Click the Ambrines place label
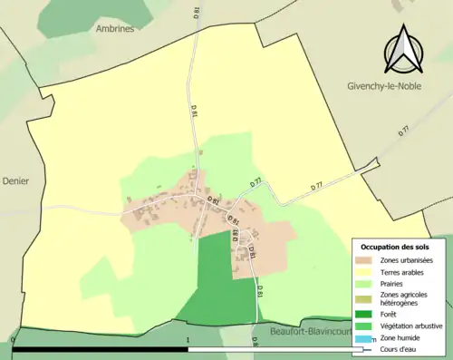click(x=114, y=28)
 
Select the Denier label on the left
click(x=15, y=180)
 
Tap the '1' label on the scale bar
click(x=188, y=342)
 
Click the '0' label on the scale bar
click(x=14, y=342)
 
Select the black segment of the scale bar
click(x=101, y=349)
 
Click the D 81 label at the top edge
click(x=195, y=12)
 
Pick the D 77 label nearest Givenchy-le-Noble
click(x=405, y=131)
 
